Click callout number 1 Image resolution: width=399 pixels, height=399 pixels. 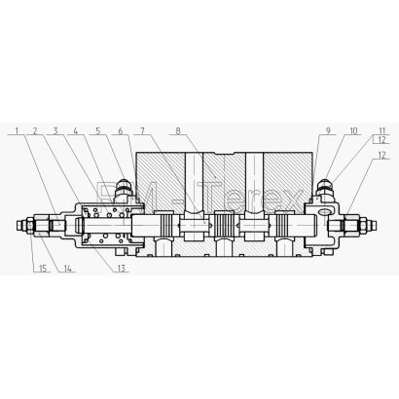18,130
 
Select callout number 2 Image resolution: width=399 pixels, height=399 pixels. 35,130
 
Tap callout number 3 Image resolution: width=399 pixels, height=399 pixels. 55,130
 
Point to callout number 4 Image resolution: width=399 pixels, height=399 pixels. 76,130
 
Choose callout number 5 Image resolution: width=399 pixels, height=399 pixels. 98,130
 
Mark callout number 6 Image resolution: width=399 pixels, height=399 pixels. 120,130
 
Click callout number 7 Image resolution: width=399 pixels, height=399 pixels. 142,130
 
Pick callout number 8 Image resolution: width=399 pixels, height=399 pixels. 178,130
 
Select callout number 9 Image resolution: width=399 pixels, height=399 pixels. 328,130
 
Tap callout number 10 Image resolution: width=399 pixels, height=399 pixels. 353,130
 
